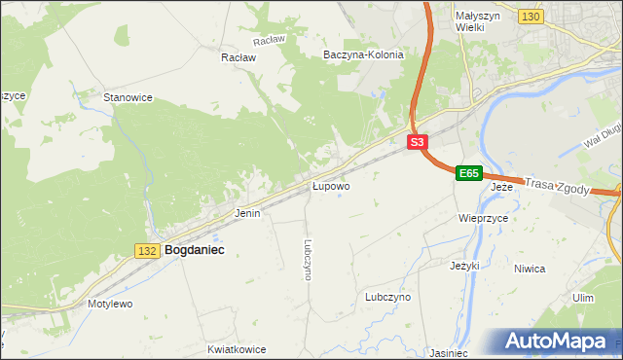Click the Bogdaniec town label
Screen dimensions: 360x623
coord(195,250)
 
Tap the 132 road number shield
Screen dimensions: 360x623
coord(147,251)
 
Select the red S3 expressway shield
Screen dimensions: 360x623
coord(417,142)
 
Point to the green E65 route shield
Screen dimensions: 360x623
coord(469,173)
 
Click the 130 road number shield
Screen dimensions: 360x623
coord(531,18)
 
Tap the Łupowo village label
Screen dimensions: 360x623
coord(331,185)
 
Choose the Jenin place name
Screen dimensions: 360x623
coord(247,212)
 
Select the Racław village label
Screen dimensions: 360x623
coord(238,57)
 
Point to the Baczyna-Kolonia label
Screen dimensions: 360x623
coord(363,55)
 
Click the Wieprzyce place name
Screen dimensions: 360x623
coord(484,219)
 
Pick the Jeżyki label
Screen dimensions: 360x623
coord(465,265)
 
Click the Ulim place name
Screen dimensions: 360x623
coord(583,298)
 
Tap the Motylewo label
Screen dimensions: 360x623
coord(110,304)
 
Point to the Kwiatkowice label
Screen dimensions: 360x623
coord(237,347)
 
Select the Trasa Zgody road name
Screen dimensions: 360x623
coord(557,186)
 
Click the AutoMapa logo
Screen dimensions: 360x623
coord(555,341)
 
